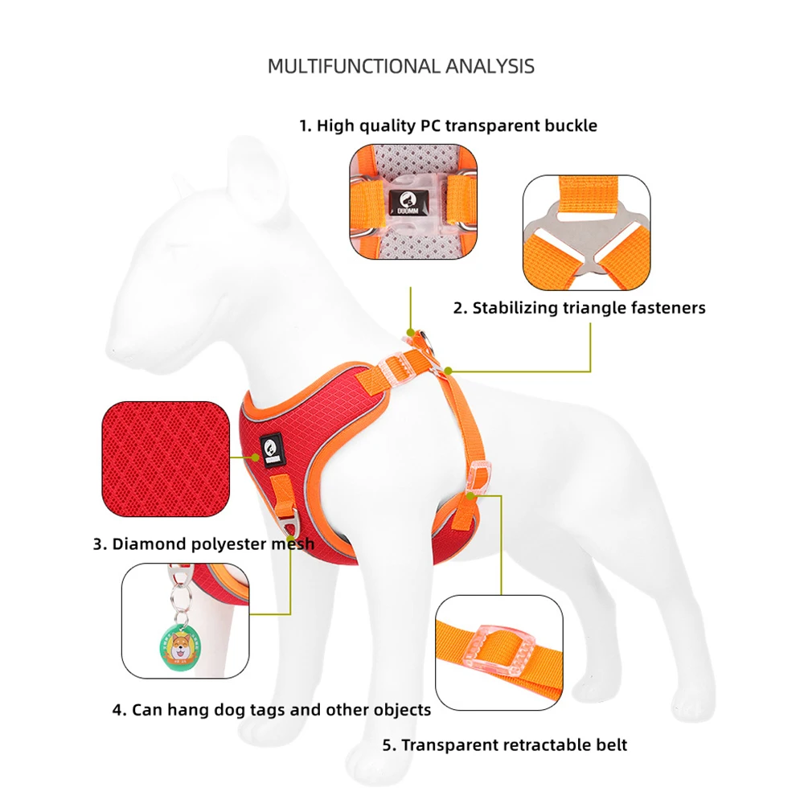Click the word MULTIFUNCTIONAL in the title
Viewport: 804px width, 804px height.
pyautogui.click(x=353, y=66)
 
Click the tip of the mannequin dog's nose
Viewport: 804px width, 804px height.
pyautogui.click(x=113, y=352)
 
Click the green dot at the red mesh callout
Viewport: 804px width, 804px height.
pyautogui.click(x=256, y=457)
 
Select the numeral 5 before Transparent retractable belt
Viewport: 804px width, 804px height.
pyautogui.click(x=389, y=745)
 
